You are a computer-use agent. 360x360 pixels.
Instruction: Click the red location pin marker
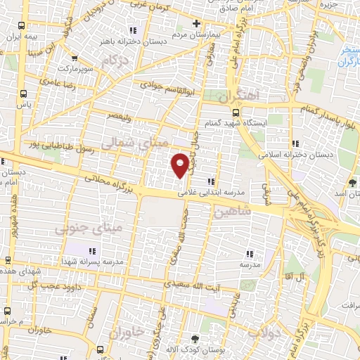coord(181,165)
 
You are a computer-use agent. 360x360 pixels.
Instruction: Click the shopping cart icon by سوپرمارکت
coord(75,60)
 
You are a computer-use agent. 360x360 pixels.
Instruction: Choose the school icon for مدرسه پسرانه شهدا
coord(91,250)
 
